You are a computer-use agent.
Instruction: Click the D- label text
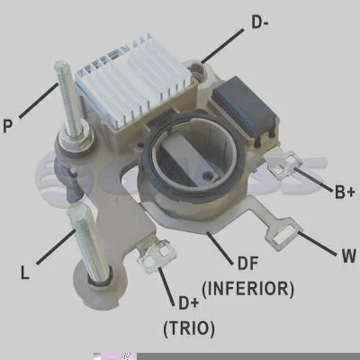(x=259, y=22)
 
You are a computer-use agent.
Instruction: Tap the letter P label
(x=8, y=125)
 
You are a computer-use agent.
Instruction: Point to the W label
(x=348, y=256)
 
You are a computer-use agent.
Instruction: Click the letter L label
(x=25, y=273)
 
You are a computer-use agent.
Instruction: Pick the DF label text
(x=247, y=263)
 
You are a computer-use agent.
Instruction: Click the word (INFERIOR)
(x=248, y=289)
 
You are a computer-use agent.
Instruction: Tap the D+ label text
(x=188, y=303)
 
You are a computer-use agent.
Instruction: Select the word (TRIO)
(x=189, y=328)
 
